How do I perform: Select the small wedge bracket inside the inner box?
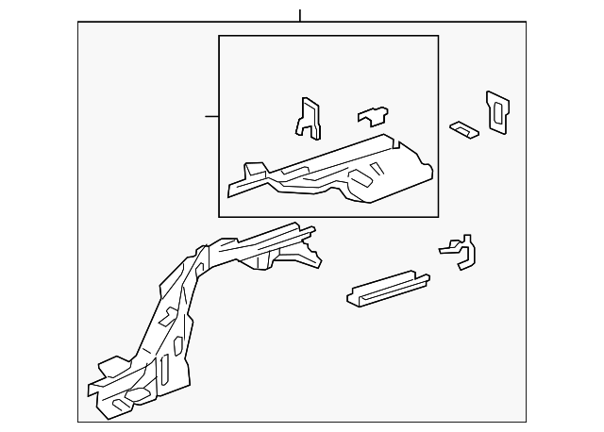click(x=373, y=115)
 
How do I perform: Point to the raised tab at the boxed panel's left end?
click(x=251, y=172)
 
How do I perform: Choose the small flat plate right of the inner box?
click(x=463, y=128)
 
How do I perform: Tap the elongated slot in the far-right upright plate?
click(x=497, y=112)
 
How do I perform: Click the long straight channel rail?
click(x=387, y=290)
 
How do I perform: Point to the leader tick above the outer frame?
click(x=299, y=15)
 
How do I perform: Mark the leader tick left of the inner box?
click(x=211, y=116)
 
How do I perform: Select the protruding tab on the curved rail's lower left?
click(x=107, y=364)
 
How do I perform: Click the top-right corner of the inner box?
click(x=438, y=36)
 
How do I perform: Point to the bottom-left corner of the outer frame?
click(x=78, y=421)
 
